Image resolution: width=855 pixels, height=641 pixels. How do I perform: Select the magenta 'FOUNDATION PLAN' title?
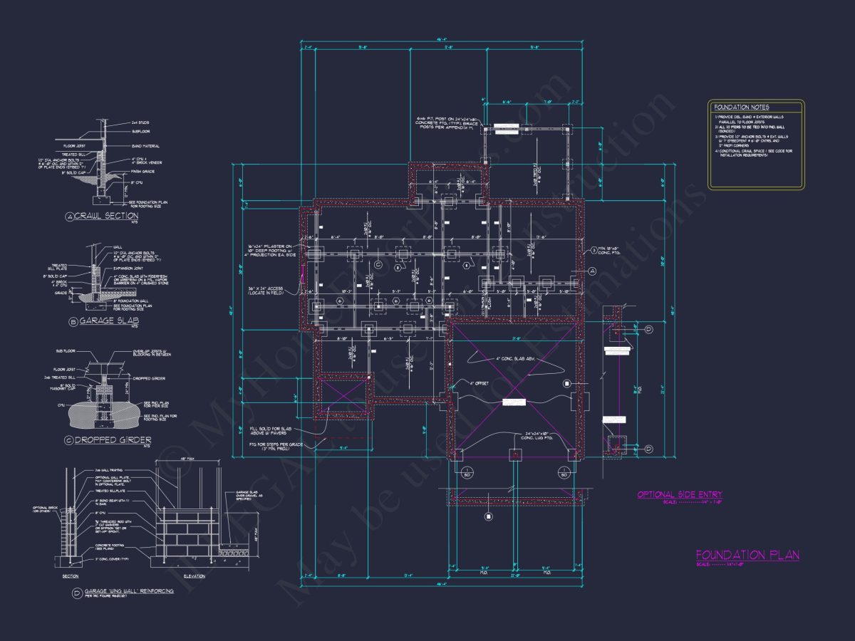[x=747, y=555]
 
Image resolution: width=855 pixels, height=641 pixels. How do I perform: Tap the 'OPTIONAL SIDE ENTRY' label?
[x=679, y=494]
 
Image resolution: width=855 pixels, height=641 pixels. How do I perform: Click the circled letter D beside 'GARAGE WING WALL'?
[x=75, y=591]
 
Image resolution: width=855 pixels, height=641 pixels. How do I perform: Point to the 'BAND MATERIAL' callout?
[x=146, y=146]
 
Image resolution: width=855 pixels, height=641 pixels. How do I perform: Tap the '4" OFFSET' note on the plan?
[x=481, y=383]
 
